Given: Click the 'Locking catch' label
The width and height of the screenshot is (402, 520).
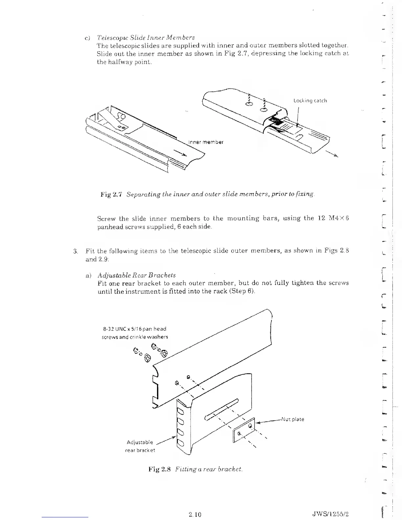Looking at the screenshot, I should [310, 101].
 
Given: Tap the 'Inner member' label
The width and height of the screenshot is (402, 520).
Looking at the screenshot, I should [206, 142].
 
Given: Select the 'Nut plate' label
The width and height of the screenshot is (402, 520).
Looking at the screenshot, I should [293, 419].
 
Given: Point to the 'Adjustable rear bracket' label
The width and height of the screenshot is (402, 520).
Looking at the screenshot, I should [140, 446].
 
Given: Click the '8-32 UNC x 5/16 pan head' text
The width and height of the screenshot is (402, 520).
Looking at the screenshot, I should [135, 329].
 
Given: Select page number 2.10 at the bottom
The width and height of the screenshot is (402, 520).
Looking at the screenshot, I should [195, 514].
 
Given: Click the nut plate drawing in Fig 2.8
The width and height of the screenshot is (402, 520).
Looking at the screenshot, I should [244, 430].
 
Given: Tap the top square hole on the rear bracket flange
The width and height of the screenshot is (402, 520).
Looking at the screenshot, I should [181, 412].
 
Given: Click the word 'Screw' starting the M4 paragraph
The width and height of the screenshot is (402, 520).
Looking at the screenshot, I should [106, 219].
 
